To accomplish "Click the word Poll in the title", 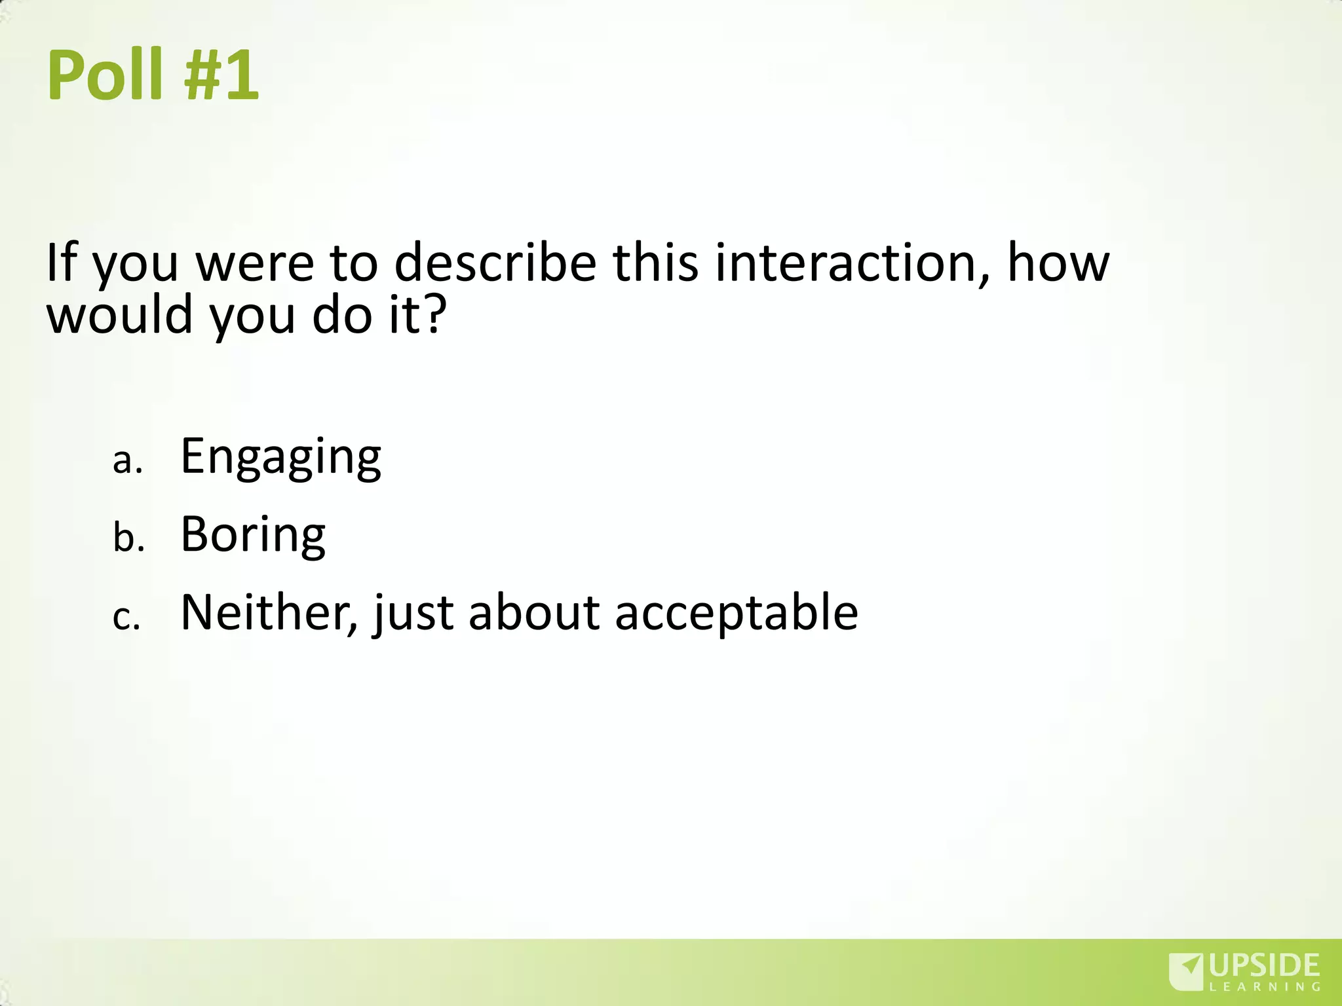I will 105,77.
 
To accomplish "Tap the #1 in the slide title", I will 221,77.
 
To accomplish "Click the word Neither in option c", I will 269,613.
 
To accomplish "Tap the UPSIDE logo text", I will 1264,967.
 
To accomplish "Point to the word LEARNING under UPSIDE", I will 1264,987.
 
